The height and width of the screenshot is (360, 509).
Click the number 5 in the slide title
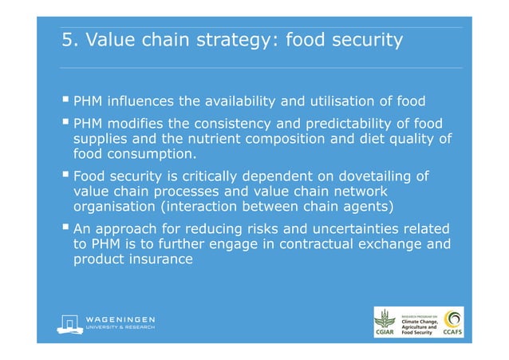point(68,40)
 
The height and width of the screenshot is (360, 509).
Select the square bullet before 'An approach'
point(65,228)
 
